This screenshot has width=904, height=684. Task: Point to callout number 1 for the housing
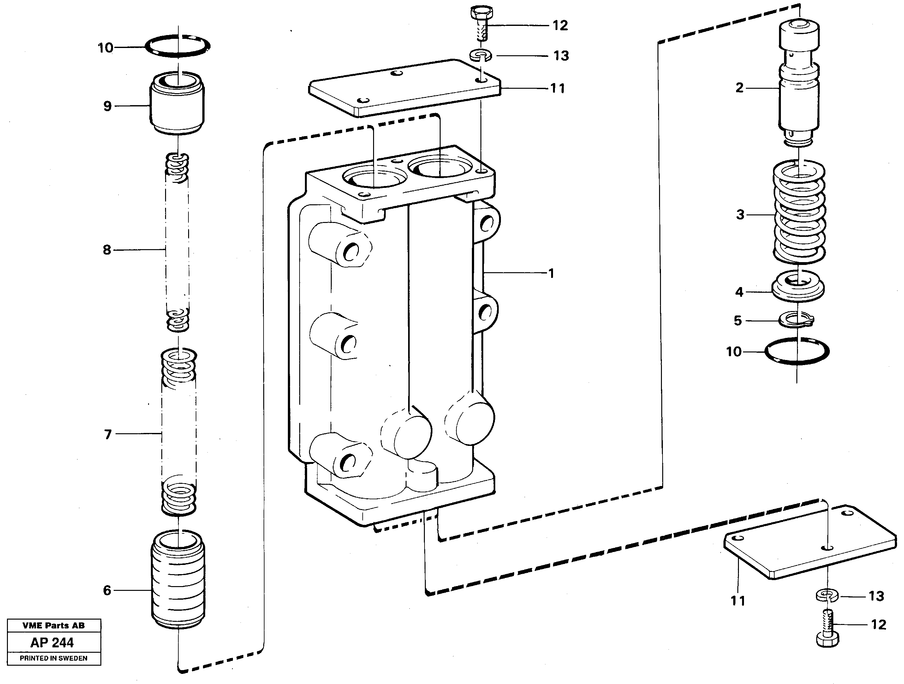point(551,273)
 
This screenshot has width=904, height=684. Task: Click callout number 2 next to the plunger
point(739,87)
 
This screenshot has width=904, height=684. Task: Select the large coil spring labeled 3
point(799,213)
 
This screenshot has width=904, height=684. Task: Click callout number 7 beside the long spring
point(108,434)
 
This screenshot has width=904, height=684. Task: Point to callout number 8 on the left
point(107,249)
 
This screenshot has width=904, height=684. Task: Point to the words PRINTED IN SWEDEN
point(54,658)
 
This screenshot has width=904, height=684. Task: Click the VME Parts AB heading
point(54,626)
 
